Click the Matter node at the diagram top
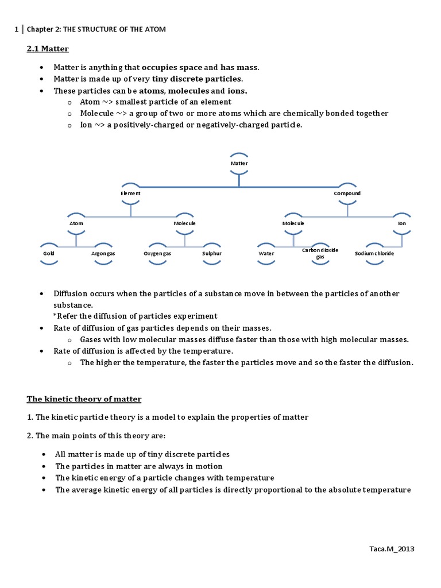coord(239,163)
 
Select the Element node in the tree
coord(130,194)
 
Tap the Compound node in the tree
coord(347,194)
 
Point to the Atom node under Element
coord(76,223)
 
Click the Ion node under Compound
coord(402,223)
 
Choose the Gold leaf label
coord(48,253)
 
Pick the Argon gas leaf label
coord(103,253)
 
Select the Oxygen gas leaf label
coord(157,253)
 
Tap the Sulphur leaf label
coord(212,253)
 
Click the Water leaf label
coord(266,253)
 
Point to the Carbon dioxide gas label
coord(320,253)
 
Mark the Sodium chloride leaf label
coord(374,253)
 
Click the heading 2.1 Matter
coord(48,49)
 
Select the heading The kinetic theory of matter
coord(84,399)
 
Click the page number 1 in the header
coord(17,29)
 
